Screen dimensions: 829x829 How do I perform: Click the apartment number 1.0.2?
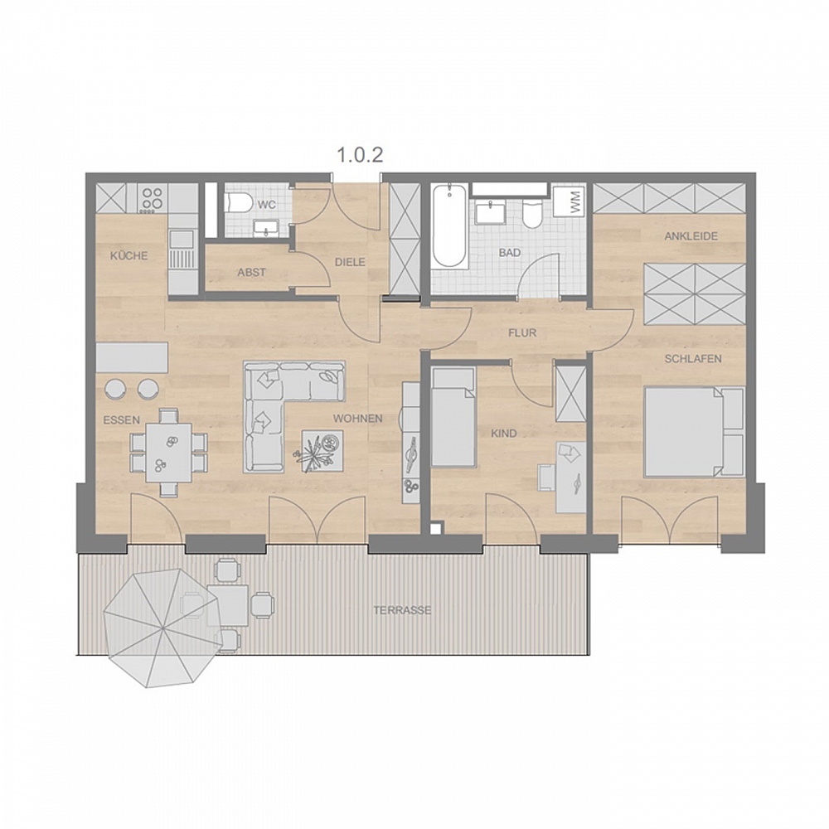click(x=360, y=155)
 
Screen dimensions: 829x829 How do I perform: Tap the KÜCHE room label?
click(x=129, y=256)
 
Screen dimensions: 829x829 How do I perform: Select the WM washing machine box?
click(x=570, y=201)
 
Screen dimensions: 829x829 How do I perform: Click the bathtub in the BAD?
click(x=448, y=225)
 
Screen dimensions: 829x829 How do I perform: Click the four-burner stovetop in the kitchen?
click(x=153, y=199)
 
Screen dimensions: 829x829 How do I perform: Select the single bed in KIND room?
click(x=453, y=418)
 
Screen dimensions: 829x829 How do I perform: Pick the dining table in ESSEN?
click(x=168, y=452)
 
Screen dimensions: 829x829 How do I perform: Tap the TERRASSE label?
click(x=402, y=610)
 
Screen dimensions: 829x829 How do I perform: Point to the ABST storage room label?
click(x=252, y=272)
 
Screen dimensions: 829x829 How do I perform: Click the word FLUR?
click(x=521, y=333)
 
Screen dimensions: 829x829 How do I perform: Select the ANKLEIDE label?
click(x=691, y=236)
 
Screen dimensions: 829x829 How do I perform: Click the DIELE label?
click(x=350, y=262)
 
